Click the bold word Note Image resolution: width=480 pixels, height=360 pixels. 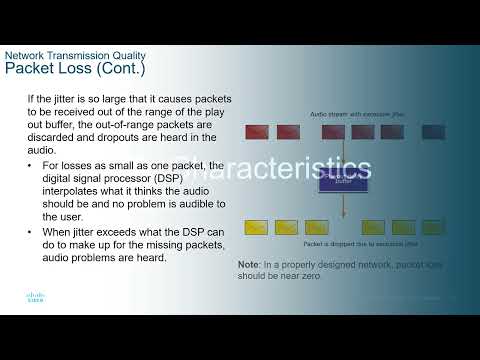(x=248, y=265)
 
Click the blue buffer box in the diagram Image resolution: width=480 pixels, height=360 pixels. (x=343, y=180)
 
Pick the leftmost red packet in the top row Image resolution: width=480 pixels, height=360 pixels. (x=257, y=131)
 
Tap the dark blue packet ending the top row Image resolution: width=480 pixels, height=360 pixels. (x=433, y=131)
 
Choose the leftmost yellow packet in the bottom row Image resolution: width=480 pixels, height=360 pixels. (x=257, y=227)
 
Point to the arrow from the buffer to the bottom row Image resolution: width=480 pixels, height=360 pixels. (x=343, y=206)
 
